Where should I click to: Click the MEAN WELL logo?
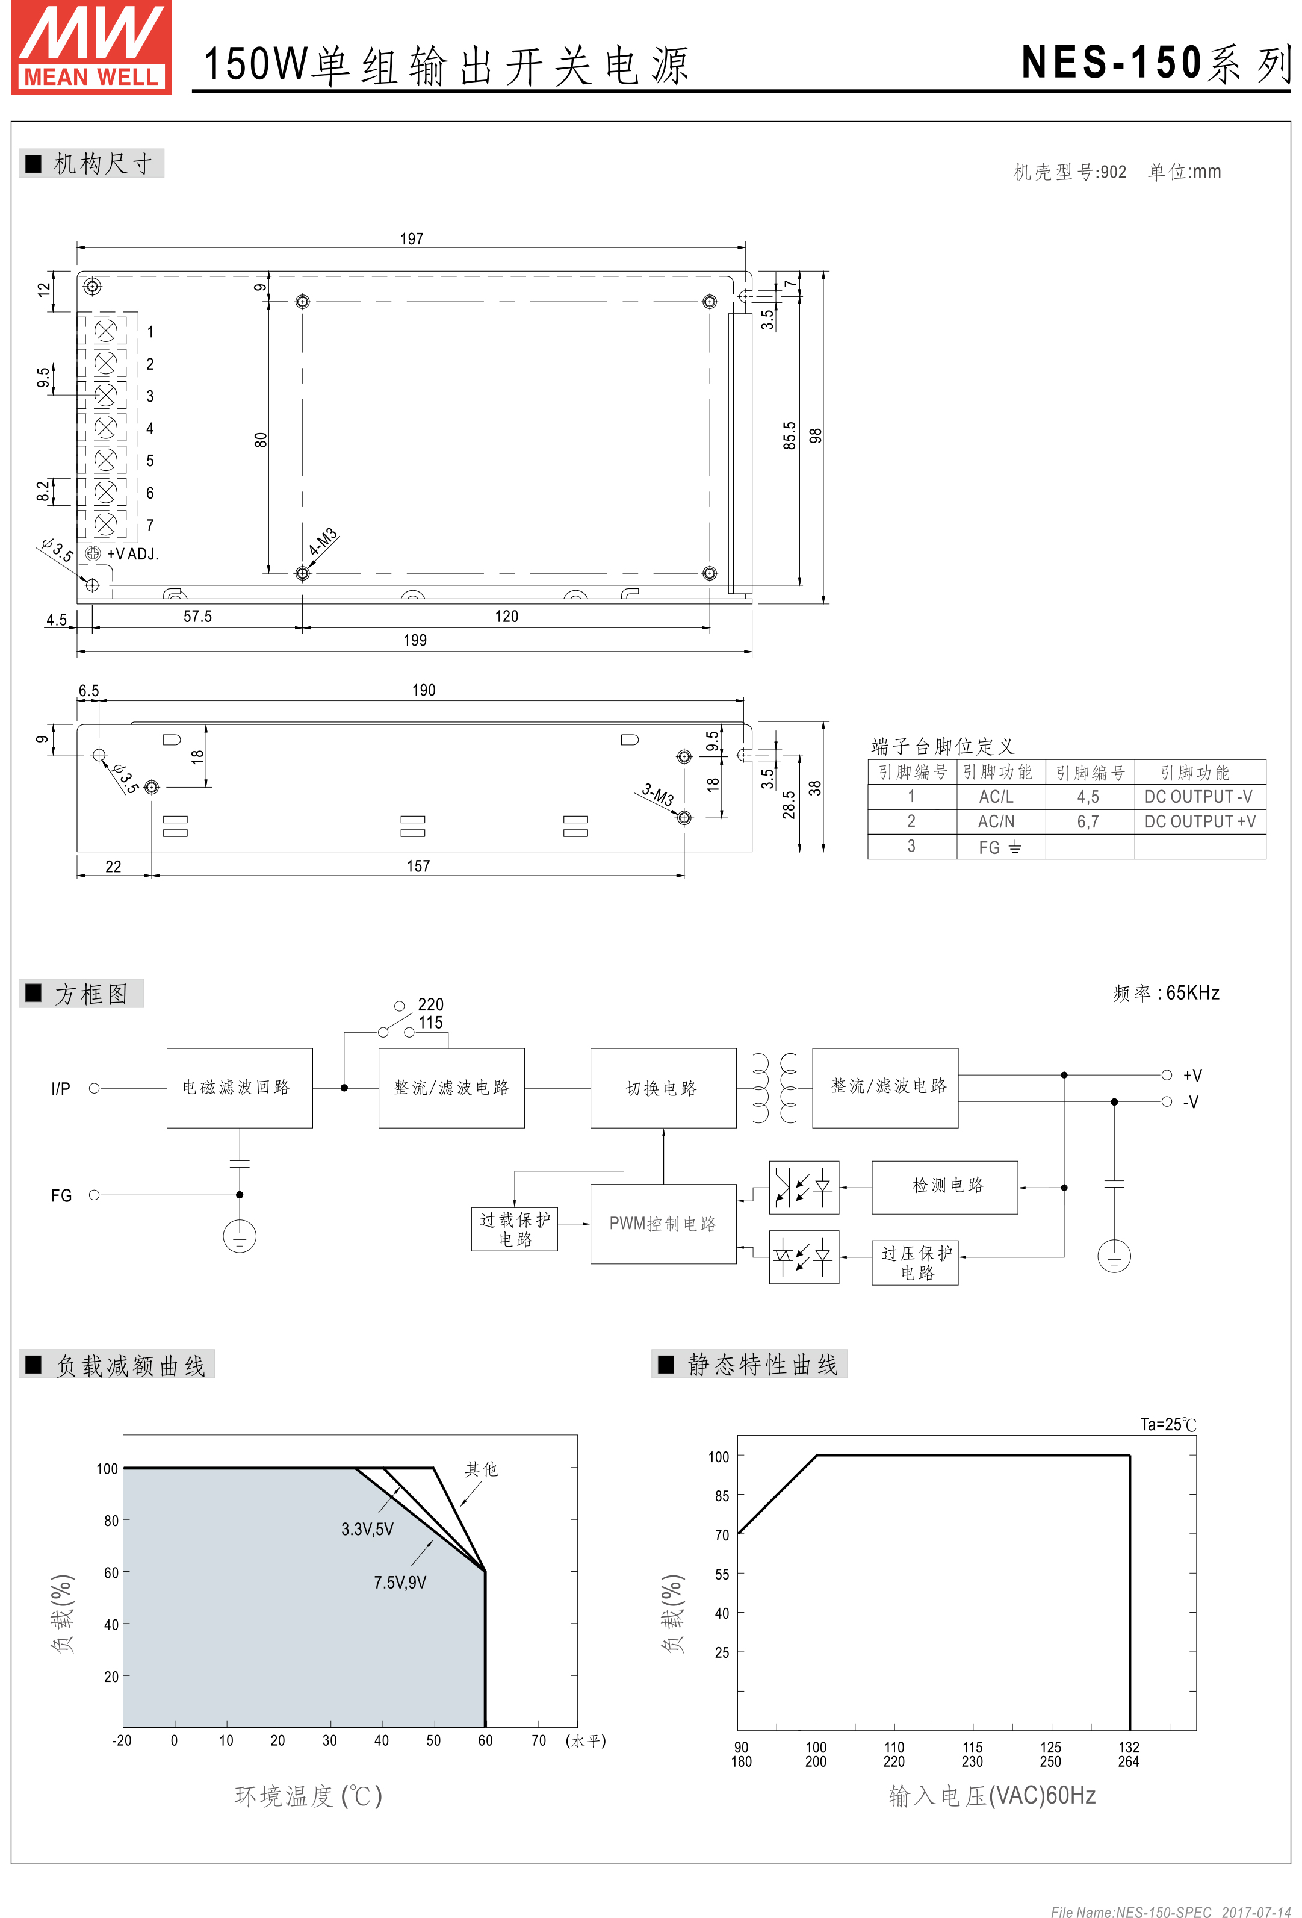(x=91, y=47)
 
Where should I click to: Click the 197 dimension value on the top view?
(x=412, y=238)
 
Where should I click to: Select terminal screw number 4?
(x=105, y=428)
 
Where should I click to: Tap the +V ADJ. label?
(x=133, y=554)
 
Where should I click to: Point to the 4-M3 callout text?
(x=323, y=541)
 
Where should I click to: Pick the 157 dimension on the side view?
(x=418, y=866)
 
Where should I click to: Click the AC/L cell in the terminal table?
(x=996, y=797)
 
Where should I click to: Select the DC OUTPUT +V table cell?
(x=1200, y=821)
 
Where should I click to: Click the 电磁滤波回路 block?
(x=240, y=1088)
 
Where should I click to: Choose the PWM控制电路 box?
(x=663, y=1224)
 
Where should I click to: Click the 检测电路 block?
(x=944, y=1187)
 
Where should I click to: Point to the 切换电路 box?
(x=663, y=1088)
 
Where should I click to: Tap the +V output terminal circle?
(x=1167, y=1074)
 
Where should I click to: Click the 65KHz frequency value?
(x=1192, y=993)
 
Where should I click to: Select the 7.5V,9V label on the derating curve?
(x=400, y=1582)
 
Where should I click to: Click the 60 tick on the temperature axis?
(x=485, y=1740)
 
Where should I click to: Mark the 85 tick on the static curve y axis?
(x=722, y=1495)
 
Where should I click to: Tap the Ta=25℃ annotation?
(x=1168, y=1424)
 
